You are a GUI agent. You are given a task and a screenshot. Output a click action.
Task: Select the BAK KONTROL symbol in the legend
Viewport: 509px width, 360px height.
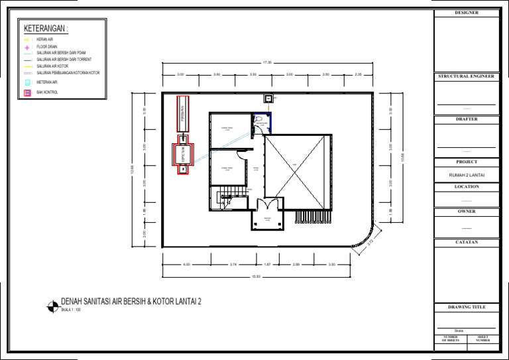click(27, 92)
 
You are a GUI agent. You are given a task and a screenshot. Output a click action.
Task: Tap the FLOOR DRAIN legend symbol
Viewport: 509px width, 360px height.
click(27, 47)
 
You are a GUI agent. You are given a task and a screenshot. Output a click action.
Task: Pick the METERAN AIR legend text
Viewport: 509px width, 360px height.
click(47, 82)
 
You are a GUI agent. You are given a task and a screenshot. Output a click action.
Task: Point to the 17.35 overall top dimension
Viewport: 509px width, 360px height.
click(267, 62)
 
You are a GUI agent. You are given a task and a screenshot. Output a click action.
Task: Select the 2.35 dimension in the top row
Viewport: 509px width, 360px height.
click(359, 74)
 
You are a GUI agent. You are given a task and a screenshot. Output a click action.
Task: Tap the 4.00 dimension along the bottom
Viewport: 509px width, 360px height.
click(186, 264)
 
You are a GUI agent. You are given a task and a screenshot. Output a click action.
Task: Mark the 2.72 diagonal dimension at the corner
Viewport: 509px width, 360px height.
click(370, 242)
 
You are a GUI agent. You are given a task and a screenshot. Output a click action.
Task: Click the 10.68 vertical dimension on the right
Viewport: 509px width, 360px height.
click(402, 159)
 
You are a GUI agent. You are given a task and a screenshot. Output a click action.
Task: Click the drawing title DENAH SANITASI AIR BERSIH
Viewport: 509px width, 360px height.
click(131, 301)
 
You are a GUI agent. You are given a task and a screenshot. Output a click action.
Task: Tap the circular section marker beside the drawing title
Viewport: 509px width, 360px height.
click(52, 306)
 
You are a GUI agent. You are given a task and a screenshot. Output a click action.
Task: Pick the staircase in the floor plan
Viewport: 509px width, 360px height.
click(226, 198)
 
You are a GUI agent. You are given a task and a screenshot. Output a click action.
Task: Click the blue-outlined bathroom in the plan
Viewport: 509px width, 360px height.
click(262, 123)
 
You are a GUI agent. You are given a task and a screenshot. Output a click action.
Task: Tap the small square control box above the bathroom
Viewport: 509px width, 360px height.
click(268, 98)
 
